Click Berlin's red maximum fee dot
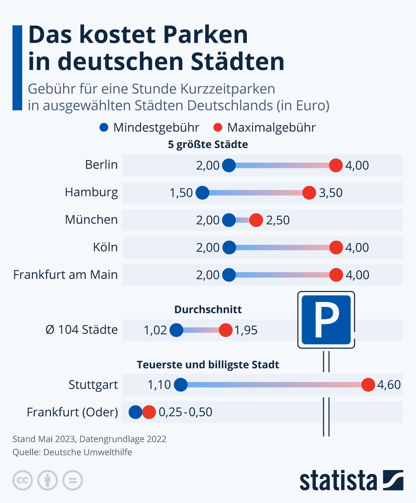336,165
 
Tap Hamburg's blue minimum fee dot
202,193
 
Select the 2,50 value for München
278,220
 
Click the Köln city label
105,247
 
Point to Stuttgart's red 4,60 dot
368,385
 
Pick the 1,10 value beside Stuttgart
159,385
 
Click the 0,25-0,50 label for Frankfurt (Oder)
185,412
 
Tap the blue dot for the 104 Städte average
176,330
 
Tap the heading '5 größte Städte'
208,145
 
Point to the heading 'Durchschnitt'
208,309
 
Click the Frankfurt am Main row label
66,275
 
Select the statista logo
351,480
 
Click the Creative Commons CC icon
23,480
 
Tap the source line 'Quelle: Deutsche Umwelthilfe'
72,452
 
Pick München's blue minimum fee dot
229,220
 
